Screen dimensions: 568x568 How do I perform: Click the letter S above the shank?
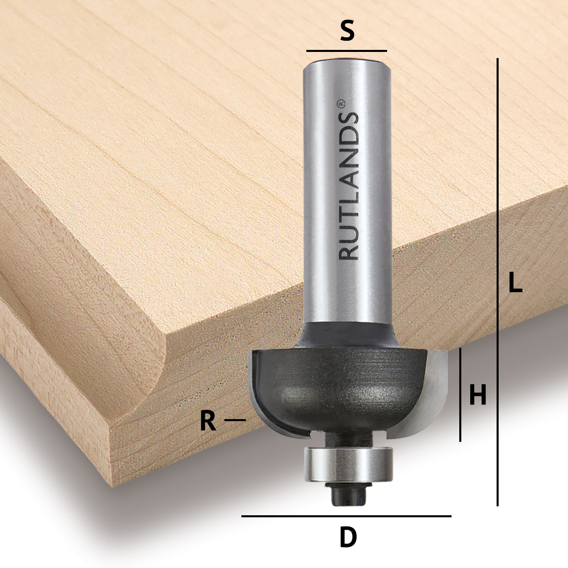tap(347, 31)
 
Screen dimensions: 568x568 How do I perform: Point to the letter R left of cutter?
tap(208, 421)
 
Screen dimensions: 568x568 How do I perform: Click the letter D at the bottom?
tap(348, 538)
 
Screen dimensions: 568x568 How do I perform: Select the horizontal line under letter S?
tap(346, 51)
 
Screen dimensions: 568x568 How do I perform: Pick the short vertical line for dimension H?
tap(460, 394)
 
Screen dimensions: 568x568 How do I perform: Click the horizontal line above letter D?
tap(346, 516)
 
